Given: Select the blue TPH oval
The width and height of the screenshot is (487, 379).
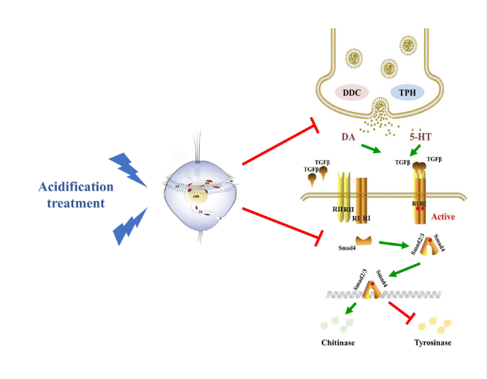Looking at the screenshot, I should point(407,93).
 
